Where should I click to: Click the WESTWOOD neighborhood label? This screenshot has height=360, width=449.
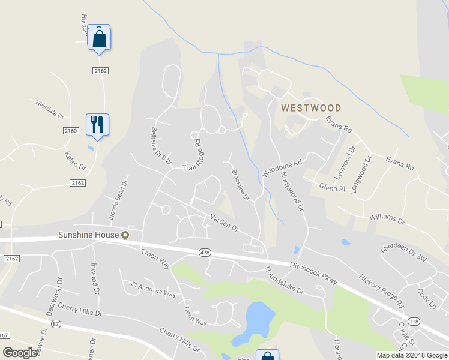pyautogui.click(x=311, y=108)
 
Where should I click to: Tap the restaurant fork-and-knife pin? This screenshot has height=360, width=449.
pyautogui.click(x=97, y=125)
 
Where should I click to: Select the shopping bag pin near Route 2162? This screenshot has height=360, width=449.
pyautogui.click(x=100, y=40)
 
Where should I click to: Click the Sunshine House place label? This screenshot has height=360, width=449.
pyautogui.click(x=87, y=234)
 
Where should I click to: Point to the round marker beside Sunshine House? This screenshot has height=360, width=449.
pyautogui.click(x=125, y=235)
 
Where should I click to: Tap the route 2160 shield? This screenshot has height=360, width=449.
pyautogui.click(x=71, y=130)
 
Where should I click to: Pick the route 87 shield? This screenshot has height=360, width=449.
pyautogui.click(x=56, y=324)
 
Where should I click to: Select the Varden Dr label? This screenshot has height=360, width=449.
pyautogui.click(x=224, y=224)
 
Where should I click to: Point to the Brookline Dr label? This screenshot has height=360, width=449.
pyautogui.click(x=241, y=185)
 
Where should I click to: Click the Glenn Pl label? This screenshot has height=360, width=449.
pyautogui.click(x=333, y=187)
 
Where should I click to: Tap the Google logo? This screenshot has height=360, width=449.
pyautogui.click(x=20, y=353)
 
